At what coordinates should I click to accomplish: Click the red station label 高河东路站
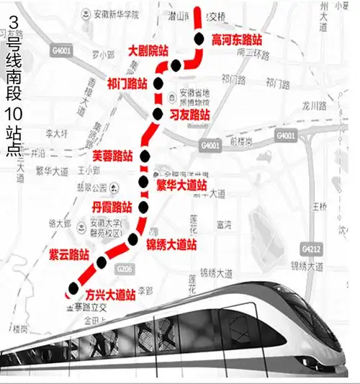236,41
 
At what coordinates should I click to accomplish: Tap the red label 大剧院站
148,51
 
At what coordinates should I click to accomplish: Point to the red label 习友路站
190,115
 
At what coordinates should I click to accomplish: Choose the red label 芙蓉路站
113,155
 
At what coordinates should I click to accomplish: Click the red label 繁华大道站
181,186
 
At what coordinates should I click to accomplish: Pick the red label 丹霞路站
112,207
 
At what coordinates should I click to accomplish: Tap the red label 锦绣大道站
171,245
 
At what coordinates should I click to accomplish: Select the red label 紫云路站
69,254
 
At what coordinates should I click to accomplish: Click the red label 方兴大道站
110,294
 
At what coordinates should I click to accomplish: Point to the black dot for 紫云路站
102,260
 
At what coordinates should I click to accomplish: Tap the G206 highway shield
123,269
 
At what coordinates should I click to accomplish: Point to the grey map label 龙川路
315,105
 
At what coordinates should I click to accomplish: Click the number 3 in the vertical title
12,14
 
